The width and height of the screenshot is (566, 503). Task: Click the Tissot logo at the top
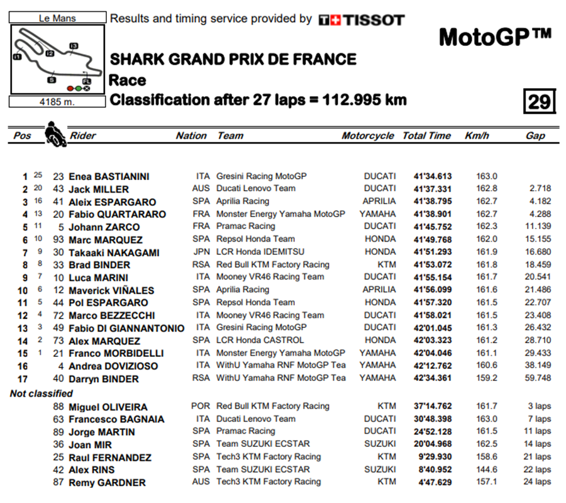(361, 20)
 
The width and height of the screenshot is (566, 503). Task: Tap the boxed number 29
(539, 101)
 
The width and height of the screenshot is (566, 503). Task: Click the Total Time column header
(427, 135)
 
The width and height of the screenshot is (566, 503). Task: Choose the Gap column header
(535, 135)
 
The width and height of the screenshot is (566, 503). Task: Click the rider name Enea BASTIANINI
(109, 177)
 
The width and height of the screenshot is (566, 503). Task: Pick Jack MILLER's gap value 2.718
(540, 189)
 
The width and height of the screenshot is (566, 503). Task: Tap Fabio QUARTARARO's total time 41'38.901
(433, 214)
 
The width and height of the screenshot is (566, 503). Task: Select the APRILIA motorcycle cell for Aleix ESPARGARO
(379, 201)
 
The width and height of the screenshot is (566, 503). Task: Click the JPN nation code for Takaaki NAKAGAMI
(201, 252)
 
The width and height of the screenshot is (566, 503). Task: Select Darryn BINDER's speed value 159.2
(487, 378)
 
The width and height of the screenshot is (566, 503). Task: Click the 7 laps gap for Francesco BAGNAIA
(539, 419)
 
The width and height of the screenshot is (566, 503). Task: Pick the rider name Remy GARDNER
(107, 482)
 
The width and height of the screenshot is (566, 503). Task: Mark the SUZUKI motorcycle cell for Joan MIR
(380, 444)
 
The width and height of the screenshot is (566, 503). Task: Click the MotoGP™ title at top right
(494, 38)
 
